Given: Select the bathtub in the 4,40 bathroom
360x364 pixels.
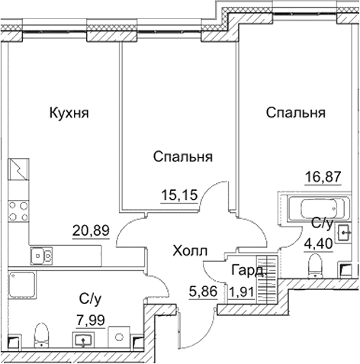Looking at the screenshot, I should (312, 207).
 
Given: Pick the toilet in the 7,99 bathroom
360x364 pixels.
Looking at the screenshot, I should (43, 333).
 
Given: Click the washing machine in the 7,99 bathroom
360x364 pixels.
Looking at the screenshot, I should (117, 333).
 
